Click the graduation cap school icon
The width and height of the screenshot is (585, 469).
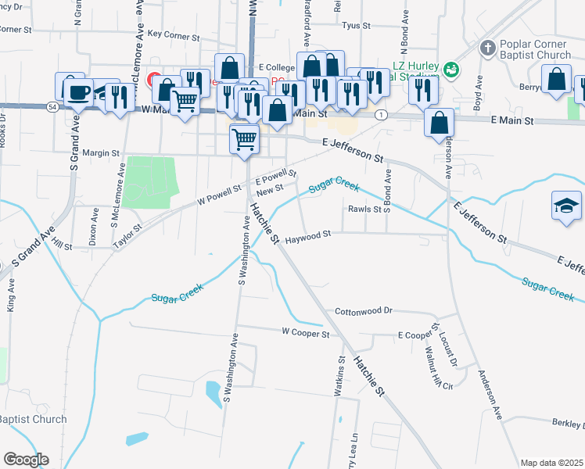[x=567, y=206]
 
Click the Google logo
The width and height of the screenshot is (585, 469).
[x=25, y=460]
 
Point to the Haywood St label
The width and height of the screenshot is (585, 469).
[x=307, y=234]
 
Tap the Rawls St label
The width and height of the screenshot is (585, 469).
[x=364, y=209]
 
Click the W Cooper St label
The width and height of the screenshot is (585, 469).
[x=306, y=333]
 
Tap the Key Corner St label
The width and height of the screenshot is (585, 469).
[x=174, y=35]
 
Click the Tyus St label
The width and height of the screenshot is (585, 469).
[x=356, y=26]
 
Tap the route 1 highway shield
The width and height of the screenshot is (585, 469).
[x=380, y=115]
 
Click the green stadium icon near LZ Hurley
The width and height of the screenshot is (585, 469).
[x=450, y=70]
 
